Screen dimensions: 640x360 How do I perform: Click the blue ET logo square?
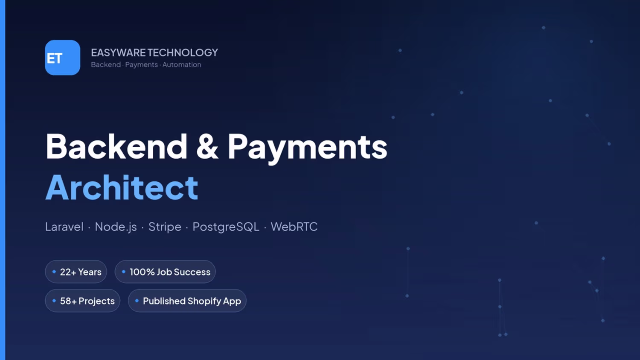point(63,58)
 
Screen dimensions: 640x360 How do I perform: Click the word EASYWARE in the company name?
point(118,52)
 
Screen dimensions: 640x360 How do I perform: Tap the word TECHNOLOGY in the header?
point(183,52)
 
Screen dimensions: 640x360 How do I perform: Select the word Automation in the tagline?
point(182,64)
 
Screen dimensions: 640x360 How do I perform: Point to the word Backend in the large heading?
point(116,146)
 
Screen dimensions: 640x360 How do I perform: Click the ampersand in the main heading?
point(207,147)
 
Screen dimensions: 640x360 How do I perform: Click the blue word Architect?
point(122,187)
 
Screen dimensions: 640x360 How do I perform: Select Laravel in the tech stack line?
point(64,227)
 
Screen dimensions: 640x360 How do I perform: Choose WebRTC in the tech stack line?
point(294,227)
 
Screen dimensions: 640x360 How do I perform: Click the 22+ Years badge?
point(76,272)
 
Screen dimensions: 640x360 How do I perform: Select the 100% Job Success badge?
point(165,272)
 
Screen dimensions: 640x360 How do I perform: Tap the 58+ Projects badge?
point(83,301)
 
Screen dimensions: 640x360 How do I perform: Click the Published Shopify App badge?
point(187,301)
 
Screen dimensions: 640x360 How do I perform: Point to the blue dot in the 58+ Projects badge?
point(54,301)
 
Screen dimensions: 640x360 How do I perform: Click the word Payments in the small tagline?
point(141,65)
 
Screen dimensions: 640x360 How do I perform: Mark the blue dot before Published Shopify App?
point(137,301)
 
